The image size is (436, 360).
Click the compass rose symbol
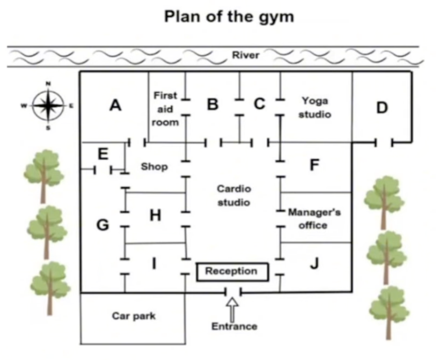point(48,106)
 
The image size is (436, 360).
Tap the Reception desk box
point(233,272)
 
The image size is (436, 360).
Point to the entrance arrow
point(233,309)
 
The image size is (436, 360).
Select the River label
point(246,55)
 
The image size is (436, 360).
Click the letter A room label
point(116,106)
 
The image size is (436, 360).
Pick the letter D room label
point(382,107)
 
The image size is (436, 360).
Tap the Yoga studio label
point(315,107)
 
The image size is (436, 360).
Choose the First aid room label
point(165,109)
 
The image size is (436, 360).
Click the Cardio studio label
point(234,196)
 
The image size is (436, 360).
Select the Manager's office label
point(314,219)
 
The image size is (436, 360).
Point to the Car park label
point(134,316)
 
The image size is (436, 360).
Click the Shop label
point(154,166)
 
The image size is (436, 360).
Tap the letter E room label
point(103,154)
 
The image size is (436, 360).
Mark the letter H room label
point(155,215)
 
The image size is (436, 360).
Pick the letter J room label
point(314,263)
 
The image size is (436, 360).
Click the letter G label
point(103,225)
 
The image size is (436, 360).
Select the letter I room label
point(153,263)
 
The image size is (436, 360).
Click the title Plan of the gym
point(229,17)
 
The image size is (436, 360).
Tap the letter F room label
point(314,165)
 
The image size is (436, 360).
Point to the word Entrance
point(235,326)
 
